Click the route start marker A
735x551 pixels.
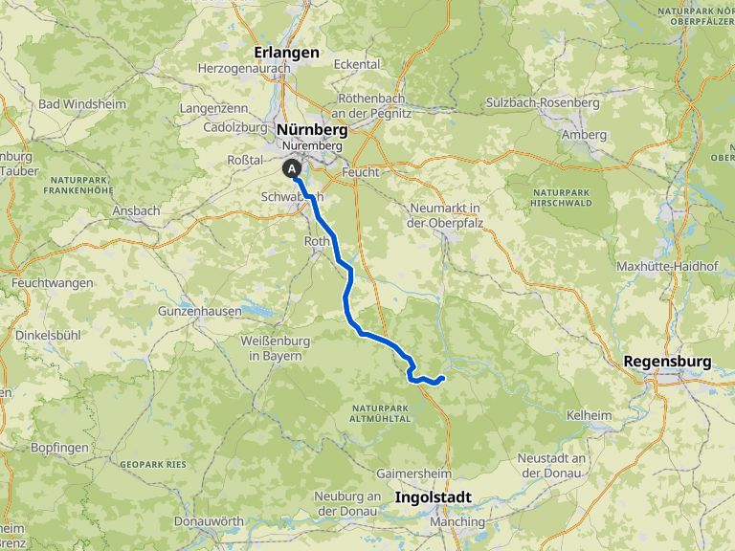tap(290, 168)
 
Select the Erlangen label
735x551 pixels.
tap(286, 53)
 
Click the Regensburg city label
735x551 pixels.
tap(667, 362)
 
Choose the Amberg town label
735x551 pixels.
tap(584, 135)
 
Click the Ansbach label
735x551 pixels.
tap(136, 209)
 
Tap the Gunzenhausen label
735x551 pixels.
tap(198, 312)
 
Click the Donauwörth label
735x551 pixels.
tap(211, 521)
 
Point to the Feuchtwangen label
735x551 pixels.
tap(53, 283)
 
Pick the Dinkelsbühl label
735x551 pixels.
tap(45, 336)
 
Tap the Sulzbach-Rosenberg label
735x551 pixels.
tap(543, 102)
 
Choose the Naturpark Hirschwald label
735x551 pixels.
tap(562, 198)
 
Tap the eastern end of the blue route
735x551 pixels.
tap(442, 380)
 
